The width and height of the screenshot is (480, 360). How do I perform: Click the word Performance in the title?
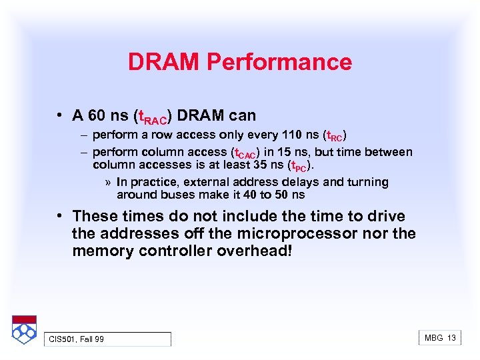(x=279, y=62)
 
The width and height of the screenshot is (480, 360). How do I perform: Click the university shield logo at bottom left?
(x=24, y=329)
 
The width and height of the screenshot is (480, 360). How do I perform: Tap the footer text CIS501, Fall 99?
(x=76, y=339)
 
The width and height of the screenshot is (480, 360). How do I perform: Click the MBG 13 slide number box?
(x=440, y=338)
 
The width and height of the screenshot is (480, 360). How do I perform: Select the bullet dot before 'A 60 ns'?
(x=60, y=115)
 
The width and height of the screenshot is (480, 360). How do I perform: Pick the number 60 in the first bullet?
(x=97, y=115)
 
